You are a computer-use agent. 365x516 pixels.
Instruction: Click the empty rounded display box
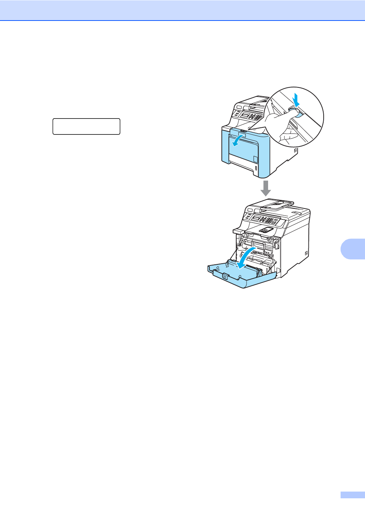pos(86,126)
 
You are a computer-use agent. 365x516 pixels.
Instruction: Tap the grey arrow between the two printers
pos(266,188)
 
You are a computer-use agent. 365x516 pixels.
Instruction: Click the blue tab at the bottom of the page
pos(352,495)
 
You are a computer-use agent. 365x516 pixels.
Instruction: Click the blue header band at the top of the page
pos(182,10)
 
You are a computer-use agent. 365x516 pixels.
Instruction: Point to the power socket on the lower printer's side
pos(306,253)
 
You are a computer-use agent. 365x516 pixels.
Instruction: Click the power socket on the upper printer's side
pos(295,150)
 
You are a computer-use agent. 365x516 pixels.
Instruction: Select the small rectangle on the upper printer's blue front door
pos(255,158)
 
